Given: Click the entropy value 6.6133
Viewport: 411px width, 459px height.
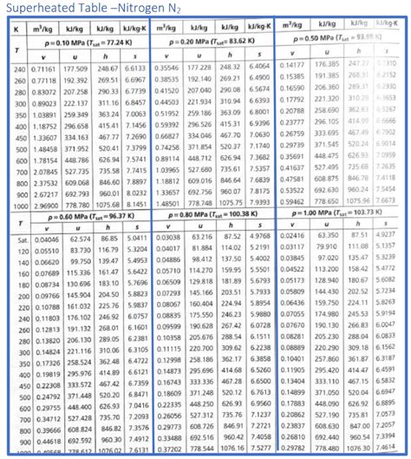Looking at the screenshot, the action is click(x=136, y=67).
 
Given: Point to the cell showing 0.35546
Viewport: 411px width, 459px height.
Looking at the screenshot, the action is click(x=167, y=67).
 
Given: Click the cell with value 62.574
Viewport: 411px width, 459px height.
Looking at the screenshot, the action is click(x=80, y=238).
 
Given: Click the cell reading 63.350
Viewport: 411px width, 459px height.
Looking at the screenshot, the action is click(x=328, y=235).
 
